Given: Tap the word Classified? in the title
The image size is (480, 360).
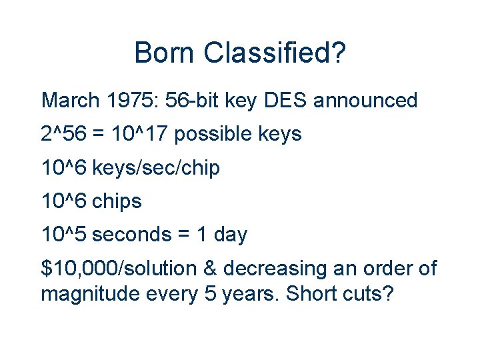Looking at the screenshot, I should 274,53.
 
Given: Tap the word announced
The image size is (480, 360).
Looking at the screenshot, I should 365,101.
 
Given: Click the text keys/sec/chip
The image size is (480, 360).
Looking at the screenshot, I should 156,168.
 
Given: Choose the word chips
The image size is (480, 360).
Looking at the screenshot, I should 117,201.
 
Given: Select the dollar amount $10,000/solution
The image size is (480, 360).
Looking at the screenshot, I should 119,269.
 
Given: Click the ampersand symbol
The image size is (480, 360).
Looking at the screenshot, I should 212,269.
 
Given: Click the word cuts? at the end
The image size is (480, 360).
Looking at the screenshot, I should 366,293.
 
